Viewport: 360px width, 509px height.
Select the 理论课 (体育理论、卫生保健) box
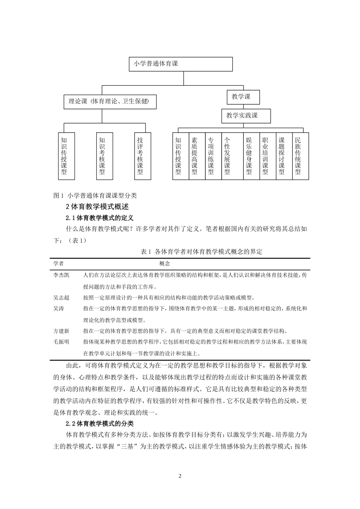tap(110, 101)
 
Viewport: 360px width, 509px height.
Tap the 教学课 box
tap(243, 97)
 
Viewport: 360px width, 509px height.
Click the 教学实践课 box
tap(246, 116)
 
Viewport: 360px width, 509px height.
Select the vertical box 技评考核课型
tap(140, 155)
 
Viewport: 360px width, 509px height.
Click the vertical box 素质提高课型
tap(195, 155)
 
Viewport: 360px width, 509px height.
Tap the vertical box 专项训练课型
tap(211, 155)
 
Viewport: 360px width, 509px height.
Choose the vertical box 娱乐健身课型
tap(249, 155)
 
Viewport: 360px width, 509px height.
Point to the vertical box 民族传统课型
tap(298, 155)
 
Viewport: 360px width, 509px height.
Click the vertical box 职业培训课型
tap(265, 155)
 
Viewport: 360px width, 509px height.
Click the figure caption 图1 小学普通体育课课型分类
tap(95, 196)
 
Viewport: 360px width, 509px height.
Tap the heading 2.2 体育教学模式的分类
tap(100, 423)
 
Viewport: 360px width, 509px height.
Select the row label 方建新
tap(61, 331)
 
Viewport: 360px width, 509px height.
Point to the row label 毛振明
tap(61, 342)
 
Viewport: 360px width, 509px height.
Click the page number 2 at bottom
tap(180, 476)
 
